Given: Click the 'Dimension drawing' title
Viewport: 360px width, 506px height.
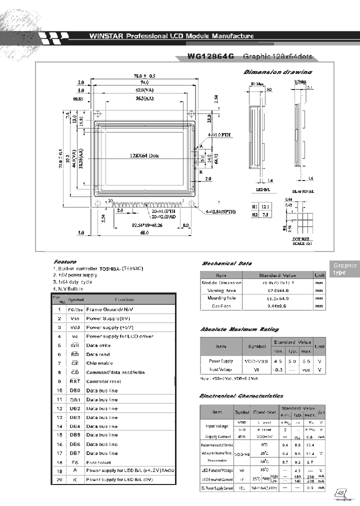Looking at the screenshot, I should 277,72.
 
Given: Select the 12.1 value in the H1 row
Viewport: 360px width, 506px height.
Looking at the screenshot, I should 265,206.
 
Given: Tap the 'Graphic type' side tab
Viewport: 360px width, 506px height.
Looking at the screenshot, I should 344,269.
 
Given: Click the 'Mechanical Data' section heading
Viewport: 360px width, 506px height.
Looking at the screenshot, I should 226,263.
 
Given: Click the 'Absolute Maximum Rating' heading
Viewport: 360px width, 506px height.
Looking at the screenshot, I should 239,329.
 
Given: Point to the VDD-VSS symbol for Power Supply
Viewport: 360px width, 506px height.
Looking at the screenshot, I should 258,360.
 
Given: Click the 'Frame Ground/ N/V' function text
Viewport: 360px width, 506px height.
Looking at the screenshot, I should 108,309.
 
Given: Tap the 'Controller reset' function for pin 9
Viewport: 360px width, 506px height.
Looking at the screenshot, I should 103,381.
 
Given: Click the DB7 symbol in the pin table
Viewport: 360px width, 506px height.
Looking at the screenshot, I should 75,453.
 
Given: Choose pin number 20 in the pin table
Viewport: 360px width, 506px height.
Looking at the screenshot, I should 59,479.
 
